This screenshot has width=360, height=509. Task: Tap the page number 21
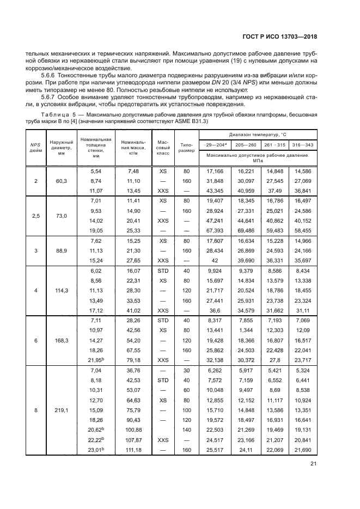313,464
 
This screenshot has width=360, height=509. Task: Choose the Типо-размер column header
186,148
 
